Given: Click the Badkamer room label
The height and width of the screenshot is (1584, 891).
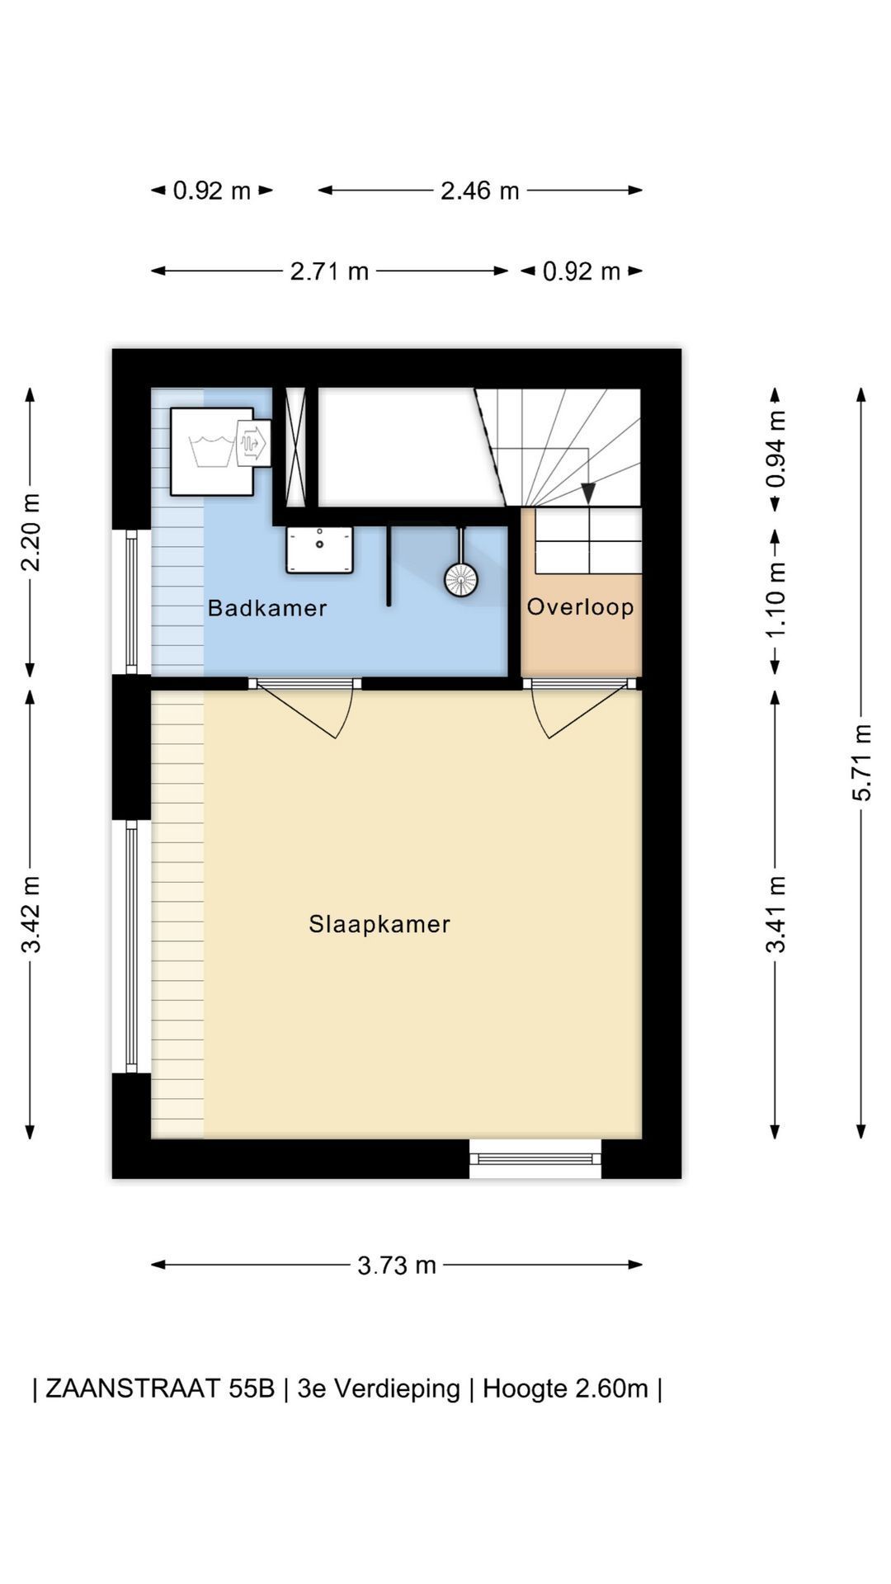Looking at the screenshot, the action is click(267, 608).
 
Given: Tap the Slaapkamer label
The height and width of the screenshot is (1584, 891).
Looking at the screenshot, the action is click(379, 924).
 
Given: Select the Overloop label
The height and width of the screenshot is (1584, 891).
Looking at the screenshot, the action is click(581, 607).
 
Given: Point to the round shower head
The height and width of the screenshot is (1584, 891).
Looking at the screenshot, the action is click(461, 579).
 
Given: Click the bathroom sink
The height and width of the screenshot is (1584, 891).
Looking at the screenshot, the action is click(319, 550).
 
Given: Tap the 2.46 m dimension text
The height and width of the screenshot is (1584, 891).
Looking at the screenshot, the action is click(479, 191).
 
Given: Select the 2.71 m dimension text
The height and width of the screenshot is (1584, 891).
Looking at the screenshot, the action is click(329, 271).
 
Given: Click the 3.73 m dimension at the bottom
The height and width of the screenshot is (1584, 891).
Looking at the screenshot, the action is click(397, 1265).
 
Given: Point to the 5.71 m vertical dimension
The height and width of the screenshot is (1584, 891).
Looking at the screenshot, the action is click(862, 762).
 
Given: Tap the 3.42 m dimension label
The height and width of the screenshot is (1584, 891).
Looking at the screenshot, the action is click(31, 914).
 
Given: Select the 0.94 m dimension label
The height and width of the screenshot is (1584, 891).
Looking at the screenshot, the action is click(775, 449).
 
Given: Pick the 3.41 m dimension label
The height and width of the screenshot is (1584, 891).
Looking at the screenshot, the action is click(775, 914).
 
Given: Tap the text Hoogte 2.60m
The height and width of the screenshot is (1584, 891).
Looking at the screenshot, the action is click(565, 1388).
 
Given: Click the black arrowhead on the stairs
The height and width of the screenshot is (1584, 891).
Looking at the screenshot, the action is click(588, 493).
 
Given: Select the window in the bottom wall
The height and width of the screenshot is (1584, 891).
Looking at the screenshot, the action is click(535, 1158).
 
